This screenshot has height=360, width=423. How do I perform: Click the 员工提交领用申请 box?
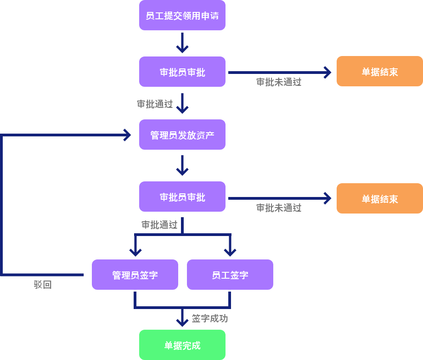coord(182,16)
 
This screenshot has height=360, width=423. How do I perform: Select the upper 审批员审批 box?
coord(182,72)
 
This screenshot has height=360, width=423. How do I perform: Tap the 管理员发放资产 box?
coord(182,135)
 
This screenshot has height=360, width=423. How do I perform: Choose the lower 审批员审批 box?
coord(182,197)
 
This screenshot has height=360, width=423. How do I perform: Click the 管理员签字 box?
coord(135,275)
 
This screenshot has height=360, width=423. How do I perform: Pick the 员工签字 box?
coord(230,275)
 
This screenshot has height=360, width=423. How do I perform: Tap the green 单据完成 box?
coord(182,345)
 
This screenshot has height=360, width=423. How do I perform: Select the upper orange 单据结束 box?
coord(379,72)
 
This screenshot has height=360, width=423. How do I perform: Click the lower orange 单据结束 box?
coord(379,198)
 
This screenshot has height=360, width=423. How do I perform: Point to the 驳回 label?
coord(43,285)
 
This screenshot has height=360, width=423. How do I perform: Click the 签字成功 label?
coord(210,318)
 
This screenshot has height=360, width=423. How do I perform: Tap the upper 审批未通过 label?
coord(279,82)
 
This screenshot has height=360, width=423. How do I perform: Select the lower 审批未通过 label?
coord(279,208)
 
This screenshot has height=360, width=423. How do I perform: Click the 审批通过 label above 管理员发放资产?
coord(155,104)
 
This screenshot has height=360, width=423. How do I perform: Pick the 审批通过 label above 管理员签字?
coord(159,225)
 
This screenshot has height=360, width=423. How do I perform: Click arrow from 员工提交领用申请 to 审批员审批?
coord(182,43)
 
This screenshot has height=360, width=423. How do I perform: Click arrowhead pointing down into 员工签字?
coord(230,252)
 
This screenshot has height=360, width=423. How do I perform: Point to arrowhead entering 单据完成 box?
coord(182,323)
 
